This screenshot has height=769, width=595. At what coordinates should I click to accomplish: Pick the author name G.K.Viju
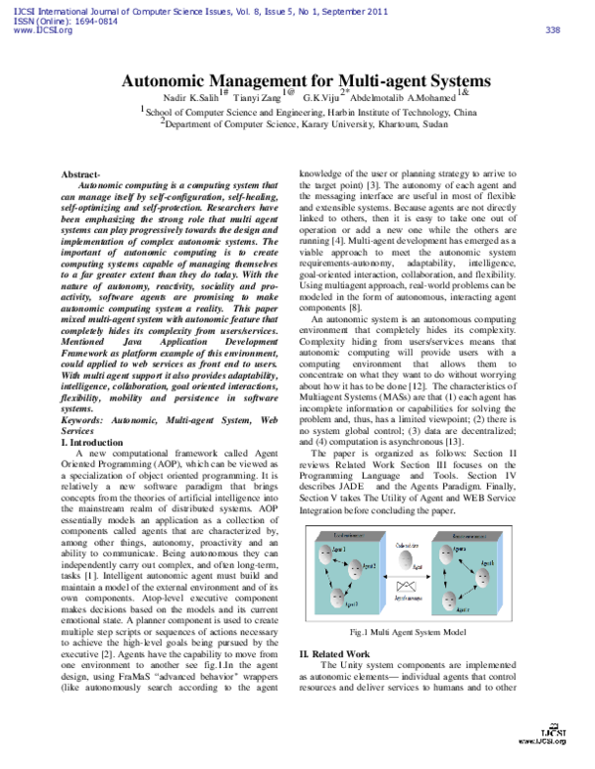pos(321,100)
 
